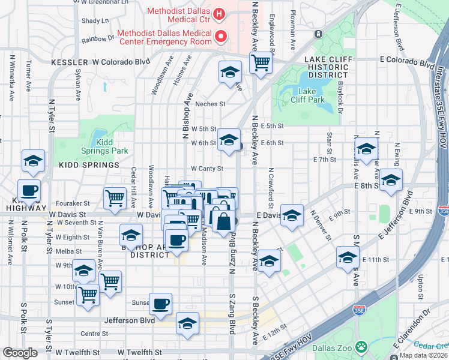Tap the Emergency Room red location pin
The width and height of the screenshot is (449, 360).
(x=221, y=37)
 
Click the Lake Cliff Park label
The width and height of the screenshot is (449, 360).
(x=307, y=95)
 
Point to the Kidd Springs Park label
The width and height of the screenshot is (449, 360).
(x=109, y=147)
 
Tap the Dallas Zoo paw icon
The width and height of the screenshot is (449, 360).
(x=361, y=346)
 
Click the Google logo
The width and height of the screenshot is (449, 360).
(x=20, y=353)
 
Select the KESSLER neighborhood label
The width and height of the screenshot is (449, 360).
(x=71, y=61)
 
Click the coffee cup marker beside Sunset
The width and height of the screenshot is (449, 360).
(x=160, y=303)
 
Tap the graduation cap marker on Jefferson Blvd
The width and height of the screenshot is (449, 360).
(x=187, y=323)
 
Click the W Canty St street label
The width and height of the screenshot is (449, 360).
(x=207, y=169)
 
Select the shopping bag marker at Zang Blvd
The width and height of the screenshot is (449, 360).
(x=223, y=220)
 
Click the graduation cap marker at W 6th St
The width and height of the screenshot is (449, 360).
(x=228, y=140)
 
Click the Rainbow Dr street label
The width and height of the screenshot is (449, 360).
(x=98, y=38)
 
